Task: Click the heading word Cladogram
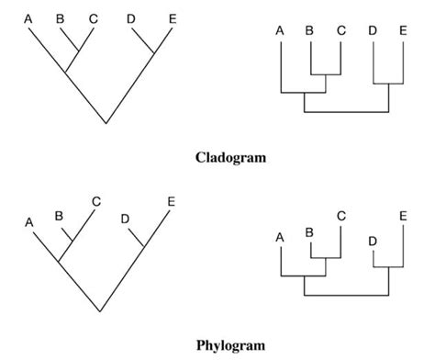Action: tap(230, 157)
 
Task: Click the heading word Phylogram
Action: tap(230, 345)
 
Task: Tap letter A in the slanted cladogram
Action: tap(28, 17)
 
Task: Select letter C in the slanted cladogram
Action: tap(94, 17)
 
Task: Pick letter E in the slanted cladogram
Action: tap(173, 17)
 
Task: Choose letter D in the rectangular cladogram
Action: tap(374, 30)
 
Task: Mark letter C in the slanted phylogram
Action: tap(95, 201)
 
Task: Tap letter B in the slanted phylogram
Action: tap(59, 217)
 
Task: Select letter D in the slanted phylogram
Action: tap(126, 219)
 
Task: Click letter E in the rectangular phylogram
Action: tap(404, 215)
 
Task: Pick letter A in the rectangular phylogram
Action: tap(280, 238)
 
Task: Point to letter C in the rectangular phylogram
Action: tap(341, 215)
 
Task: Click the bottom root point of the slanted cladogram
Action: tap(106, 122)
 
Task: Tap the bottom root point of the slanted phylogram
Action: tap(106, 309)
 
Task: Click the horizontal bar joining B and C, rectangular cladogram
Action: tap(326, 74)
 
